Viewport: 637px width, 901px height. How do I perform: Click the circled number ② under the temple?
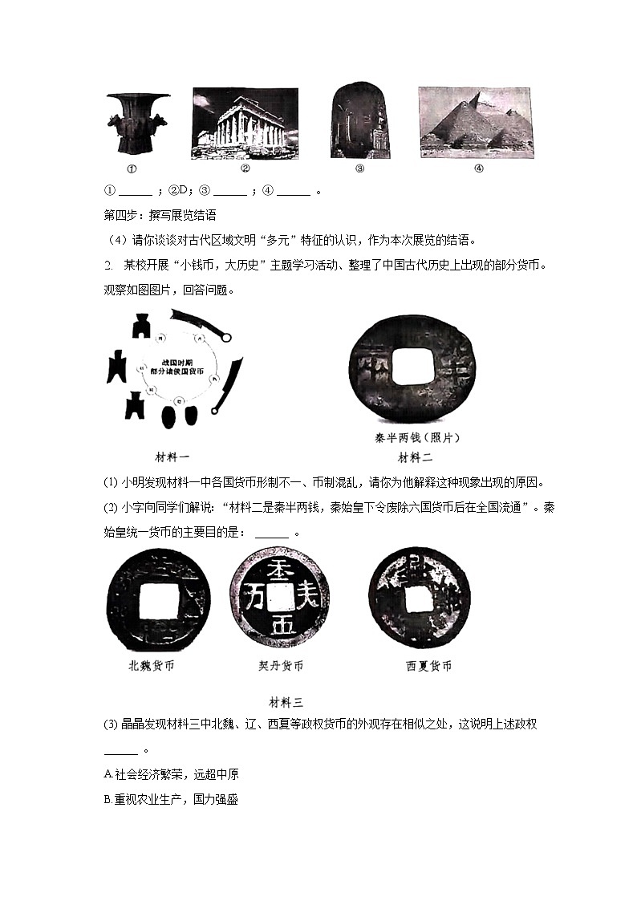[x=245, y=168]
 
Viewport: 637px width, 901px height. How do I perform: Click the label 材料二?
[x=416, y=457]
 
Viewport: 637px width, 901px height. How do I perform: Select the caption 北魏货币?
[x=151, y=666]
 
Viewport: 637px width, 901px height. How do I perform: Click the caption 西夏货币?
[x=428, y=666]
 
